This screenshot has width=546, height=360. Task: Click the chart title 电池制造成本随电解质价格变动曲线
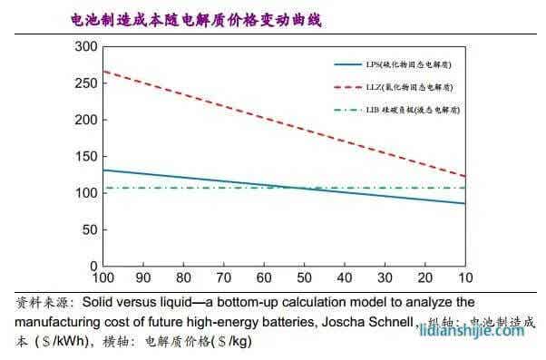click(x=196, y=18)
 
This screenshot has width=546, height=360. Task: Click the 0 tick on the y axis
click(x=93, y=267)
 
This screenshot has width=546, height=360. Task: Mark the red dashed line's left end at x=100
click(x=104, y=71)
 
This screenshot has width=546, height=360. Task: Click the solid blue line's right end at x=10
click(x=464, y=203)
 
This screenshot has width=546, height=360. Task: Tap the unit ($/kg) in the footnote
click(x=231, y=342)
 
